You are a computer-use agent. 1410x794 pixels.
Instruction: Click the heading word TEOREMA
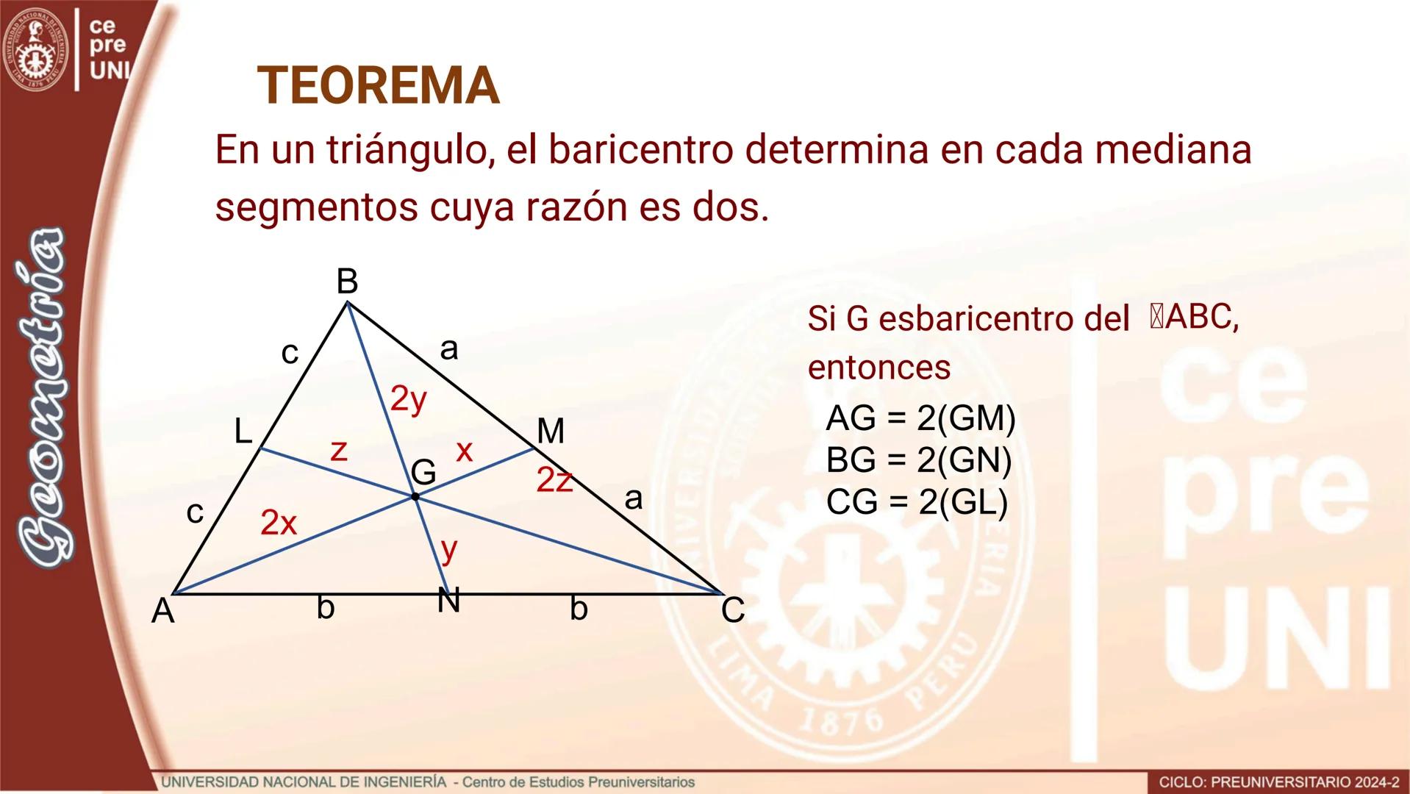point(379,86)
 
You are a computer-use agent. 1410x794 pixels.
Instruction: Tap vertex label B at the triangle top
point(347,282)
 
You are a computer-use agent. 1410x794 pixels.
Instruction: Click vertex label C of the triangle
point(733,610)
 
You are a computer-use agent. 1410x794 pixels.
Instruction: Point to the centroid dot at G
point(415,497)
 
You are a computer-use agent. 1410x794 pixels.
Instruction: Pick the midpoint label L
point(243,432)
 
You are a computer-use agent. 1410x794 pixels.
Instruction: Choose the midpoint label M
point(551,432)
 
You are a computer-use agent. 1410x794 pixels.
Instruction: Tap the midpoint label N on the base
point(448,601)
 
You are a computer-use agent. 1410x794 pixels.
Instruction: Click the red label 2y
point(408,399)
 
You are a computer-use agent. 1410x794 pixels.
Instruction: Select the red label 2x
point(279,523)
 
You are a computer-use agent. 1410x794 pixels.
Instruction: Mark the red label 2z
point(554,480)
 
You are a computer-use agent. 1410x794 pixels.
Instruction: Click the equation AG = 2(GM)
point(920,418)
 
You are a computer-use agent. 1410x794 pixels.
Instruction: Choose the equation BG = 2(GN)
point(919,460)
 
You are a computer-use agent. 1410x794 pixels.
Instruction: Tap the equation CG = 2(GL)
point(917,502)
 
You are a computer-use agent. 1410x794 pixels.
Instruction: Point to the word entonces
point(878,367)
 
